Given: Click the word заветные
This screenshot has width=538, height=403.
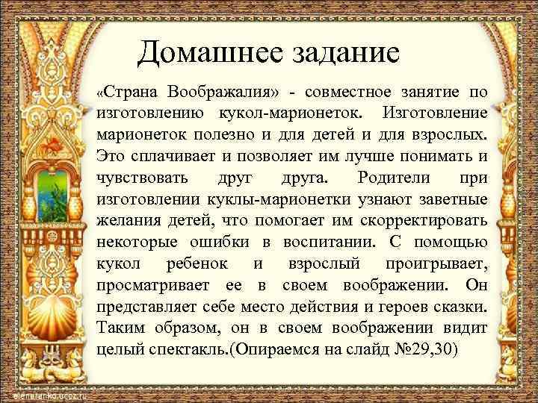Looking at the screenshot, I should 448,199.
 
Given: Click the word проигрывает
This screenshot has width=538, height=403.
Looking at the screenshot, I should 437,264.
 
